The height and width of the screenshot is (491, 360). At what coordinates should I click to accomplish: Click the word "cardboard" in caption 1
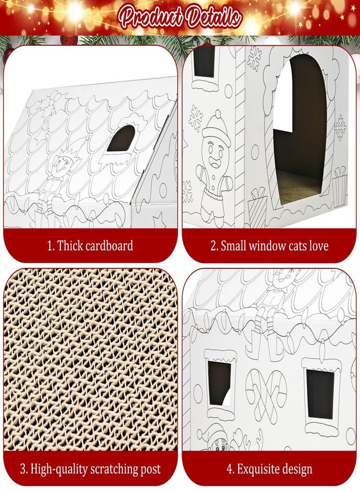coord(109,245)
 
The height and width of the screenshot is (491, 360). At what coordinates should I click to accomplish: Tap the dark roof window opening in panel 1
coord(122,138)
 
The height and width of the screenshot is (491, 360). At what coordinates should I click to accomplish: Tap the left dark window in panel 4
coord(219,383)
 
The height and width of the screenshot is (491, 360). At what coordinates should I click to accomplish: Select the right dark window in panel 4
coord(320,393)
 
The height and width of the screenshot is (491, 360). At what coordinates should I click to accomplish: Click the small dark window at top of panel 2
coord(205,62)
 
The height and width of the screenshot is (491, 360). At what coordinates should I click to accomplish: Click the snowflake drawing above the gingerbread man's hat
coord(196,118)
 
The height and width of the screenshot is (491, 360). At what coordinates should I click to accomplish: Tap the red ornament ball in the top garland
coord(69,40)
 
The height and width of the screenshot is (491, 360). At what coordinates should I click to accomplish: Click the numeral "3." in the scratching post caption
coord(24,469)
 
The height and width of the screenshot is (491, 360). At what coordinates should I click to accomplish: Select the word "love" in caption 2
coord(319,246)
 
